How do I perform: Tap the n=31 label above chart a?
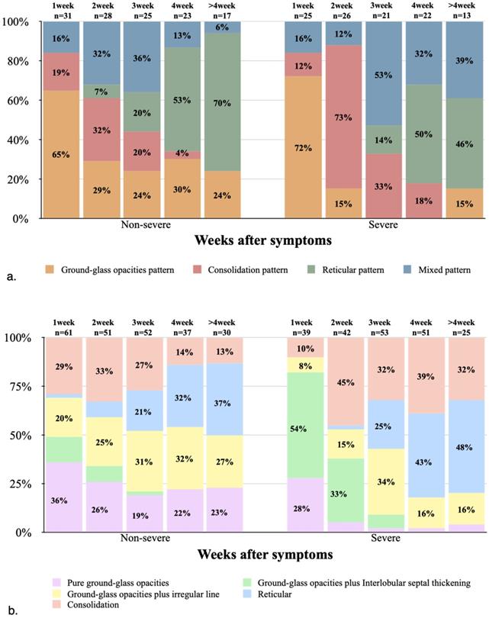click(x=63, y=12)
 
